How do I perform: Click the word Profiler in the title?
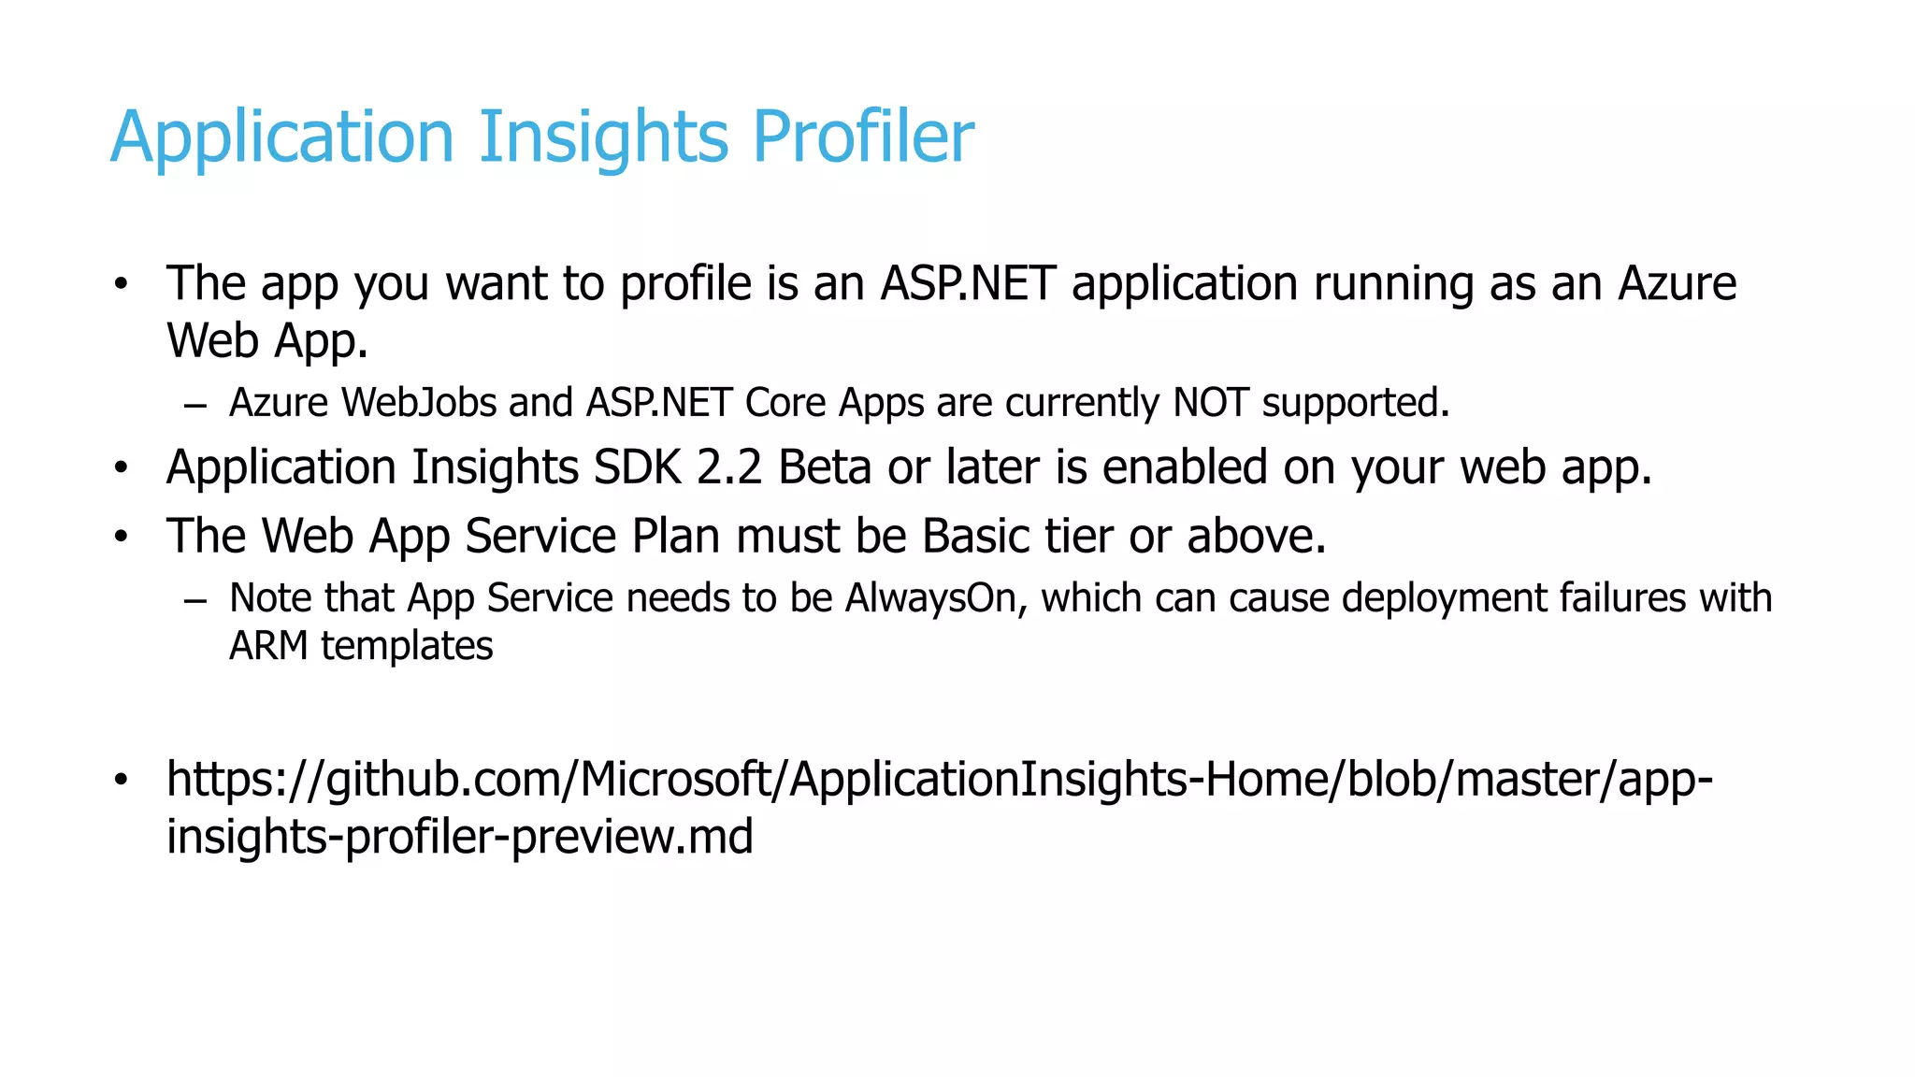pyautogui.click(x=862, y=137)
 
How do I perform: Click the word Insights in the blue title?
pyautogui.click(x=603, y=137)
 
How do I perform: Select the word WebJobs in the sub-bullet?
pyautogui.click(x=419, y=403)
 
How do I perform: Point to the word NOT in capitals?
pyautogui.click(x=1211, y=403)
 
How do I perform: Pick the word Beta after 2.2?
pyautogui.click(x=825, y=467)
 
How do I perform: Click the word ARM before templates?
pyautogui.click(x=268, y=646)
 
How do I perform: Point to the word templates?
pyautogui.click(x=407, y=647)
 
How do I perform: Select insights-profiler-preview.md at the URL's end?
pyautogui.click(x=459, y=836)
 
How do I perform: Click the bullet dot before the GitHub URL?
pyautogui.click(x=121, y=779)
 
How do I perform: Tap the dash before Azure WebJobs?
pyautogui.click(x=194, y=406)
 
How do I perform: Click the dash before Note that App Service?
pyautogui.click(x=194, y=600)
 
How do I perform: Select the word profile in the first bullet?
pyautogui.click(x=685, y=283)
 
